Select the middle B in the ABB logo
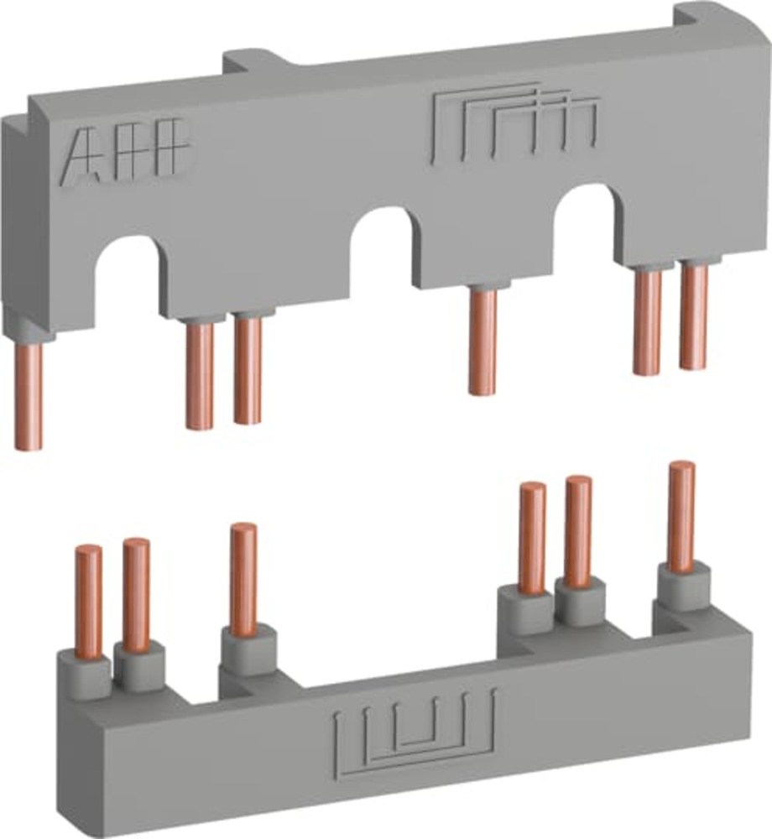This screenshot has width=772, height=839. pyautogui.click(x=126, y=151)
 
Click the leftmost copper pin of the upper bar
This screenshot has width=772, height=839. pyautogui.click(x=29, y=394)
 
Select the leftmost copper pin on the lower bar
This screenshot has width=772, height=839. pyautogui.click(x=88, y=600)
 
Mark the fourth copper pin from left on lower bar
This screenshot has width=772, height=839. pyautogui.click(x=532, y=536)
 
